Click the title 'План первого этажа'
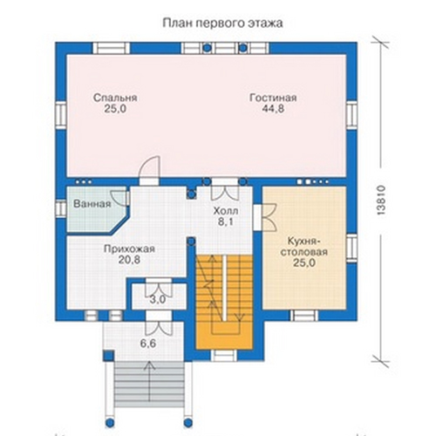pyautogui.click(x=222, y=24)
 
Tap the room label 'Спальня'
pyautogui.click(x=115, y=98)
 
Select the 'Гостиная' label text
pyautogui.click(x=273, y=98)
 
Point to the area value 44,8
pyautogui.click(x=273, y=109)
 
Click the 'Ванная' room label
pyautogui.click(x=92, y=204)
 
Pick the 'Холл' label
pyautogui.click(x=226, y=210)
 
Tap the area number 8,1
pyautogui.click(x=226, y=221)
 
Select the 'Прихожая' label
pyautogui.click(x=129, y=249)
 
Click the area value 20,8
pyautogui.click(x=129, y=260)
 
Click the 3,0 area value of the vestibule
pyautogui.click(x=158, y=299)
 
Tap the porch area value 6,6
pyautogui.click(x=148, y=344)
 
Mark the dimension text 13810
pyautogui.click(x=381, y=200)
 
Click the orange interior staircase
pyautogui.click(x=224, y=302)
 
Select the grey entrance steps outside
pyautogui.click(x=149, y=382)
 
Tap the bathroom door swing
pyautogui.click(x=119, y=198)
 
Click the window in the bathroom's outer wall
pyautogui.click(x=61, y=208)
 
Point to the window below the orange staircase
pyautogui.click(x=224, y=355)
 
